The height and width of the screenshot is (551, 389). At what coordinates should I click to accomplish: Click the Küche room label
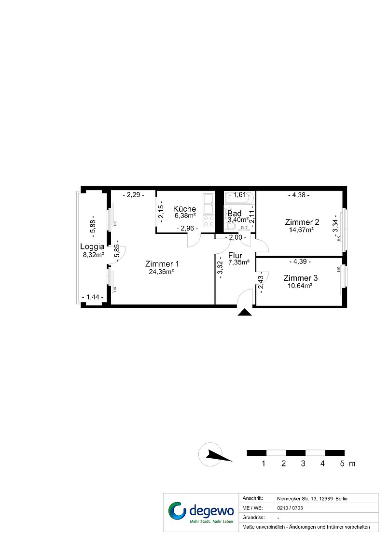(184, 209)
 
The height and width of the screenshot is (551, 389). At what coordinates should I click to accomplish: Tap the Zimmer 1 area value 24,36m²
(162, 271)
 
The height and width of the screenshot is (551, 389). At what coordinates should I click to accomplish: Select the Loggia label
(92, 246)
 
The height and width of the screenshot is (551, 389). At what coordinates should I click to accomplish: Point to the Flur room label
(235, 256)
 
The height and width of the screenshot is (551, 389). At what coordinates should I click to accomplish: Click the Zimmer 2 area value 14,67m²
(301, 230)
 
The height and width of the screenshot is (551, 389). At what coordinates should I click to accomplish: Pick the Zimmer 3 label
(301, 278)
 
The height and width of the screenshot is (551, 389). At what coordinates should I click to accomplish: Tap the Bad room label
(234, 213)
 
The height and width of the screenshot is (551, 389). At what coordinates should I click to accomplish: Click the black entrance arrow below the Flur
(245, 312)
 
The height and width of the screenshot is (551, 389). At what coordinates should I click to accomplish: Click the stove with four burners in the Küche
(209, 221)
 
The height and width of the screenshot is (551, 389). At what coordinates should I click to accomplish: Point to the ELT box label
(244, 228)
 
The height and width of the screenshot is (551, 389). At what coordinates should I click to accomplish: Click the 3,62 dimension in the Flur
(220, 270)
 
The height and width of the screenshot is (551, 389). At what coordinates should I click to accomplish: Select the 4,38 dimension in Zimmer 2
(299, 195)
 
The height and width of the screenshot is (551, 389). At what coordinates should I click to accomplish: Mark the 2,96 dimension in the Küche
(187, 229)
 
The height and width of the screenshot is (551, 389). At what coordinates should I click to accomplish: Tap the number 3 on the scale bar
(303, 464)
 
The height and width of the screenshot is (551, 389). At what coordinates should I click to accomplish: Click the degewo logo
(201, 512)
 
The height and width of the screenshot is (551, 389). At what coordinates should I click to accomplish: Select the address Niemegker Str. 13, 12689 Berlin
(312, 499)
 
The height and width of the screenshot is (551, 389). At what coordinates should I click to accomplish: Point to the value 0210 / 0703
(290, 508)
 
